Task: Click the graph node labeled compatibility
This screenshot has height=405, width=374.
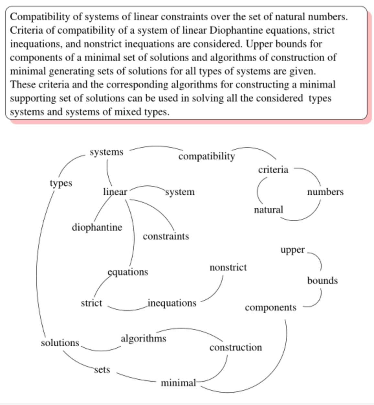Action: coord(206,156)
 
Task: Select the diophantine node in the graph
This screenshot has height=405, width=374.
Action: coord(97,227)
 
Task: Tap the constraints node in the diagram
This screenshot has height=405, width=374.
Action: coord(166,236)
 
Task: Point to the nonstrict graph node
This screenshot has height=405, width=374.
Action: coord(228,267)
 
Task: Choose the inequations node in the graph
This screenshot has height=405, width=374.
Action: coord(172,303)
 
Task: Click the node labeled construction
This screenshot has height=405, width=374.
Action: coord(236,347)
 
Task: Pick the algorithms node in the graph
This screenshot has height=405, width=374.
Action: coord(143,338)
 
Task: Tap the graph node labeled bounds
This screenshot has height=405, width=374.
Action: coord(322,280)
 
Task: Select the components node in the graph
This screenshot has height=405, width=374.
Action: coord(270,307)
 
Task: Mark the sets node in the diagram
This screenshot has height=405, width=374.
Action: coord(102,369)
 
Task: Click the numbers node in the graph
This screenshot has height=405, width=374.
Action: coord(325,192)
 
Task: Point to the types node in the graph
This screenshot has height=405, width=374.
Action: coord(61,183)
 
